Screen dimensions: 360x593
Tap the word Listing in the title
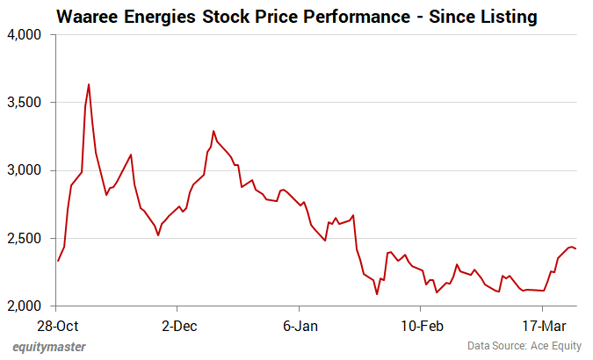tap(507, 16)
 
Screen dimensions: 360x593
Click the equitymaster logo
tap(49, 346)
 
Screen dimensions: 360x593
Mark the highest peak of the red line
tap(89, 84)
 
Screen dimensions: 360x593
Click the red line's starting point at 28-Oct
tap(57, 261)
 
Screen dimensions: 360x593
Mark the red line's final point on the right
tap(575, 248)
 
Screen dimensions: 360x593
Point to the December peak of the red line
tap(213, 131)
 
